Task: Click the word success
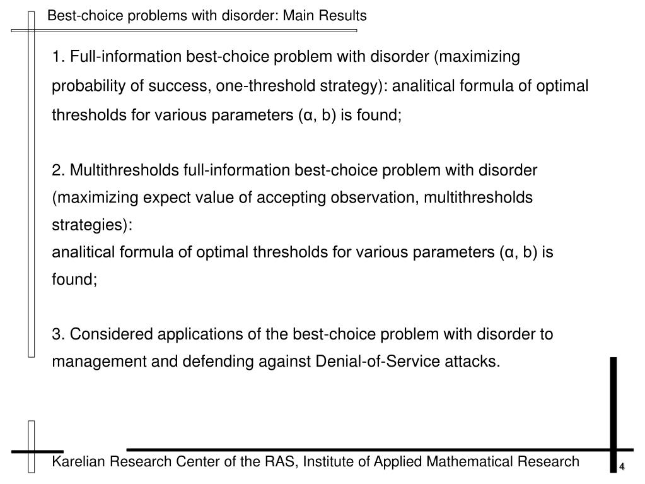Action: (x=178, y=86)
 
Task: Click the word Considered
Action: (x=106, y=334)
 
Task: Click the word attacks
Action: (x=476, y=362)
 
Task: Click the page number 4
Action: (x=622, y=467)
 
